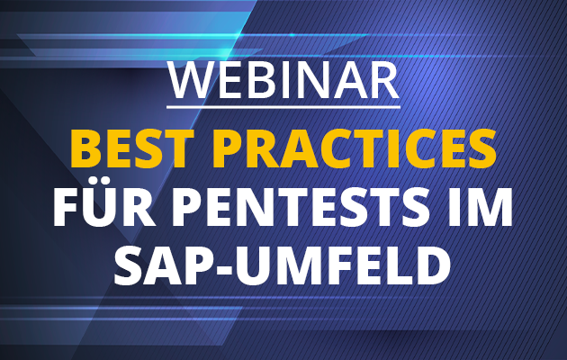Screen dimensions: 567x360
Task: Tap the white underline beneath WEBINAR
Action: tap(283, 106)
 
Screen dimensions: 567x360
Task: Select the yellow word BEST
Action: tap(130, 148)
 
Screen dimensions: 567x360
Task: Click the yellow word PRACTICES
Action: tap(354, 148)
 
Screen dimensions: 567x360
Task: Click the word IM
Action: tap(480, 207)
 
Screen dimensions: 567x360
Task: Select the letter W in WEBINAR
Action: tap(191, 82)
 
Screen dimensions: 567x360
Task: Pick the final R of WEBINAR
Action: tap(385, 82)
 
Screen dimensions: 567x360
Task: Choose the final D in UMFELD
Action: tap(434, 265)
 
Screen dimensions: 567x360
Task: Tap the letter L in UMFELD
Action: tap(401, 265)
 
